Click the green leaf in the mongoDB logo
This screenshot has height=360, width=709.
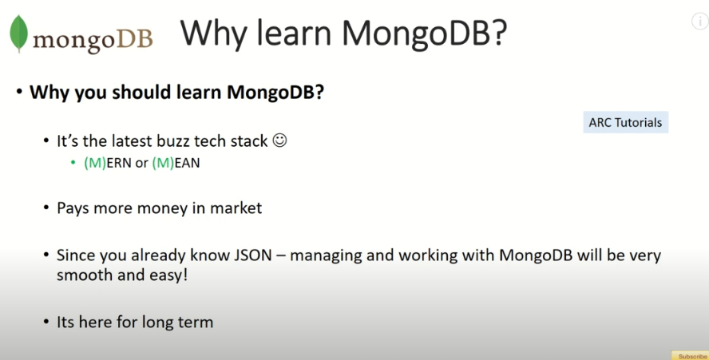tap(18, 33)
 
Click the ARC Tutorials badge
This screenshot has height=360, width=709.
tap(625, 123)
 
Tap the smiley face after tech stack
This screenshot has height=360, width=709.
tap(280, 140)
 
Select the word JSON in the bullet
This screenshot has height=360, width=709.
tap(253, 255)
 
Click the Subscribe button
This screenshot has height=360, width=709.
tap(691, 356)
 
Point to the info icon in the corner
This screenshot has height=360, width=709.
tap(700, 22)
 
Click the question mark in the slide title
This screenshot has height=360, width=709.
tap(499, 33)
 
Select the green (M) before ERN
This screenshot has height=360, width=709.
tap(95, 163)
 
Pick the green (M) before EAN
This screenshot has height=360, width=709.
tap(163, 163)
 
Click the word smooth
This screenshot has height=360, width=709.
tap(85, 275)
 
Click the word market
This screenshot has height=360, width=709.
tap(236, 208)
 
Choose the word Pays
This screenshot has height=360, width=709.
tap(73, 208)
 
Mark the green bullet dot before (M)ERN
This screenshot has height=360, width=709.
tap(73, 163)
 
